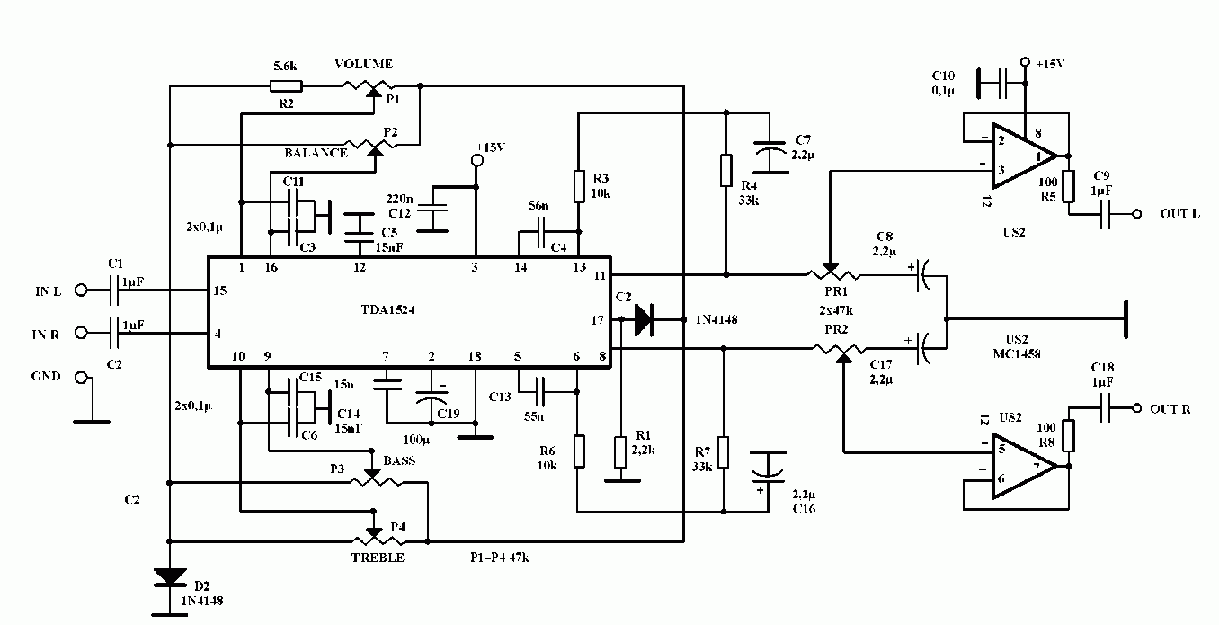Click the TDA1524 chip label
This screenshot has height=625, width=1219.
click(x=388, y=309)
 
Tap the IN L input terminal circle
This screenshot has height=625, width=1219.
click(x=81, y=290)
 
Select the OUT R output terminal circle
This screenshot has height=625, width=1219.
click(x=1137, y=407)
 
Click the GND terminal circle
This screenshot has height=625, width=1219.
click(x=81, y=378)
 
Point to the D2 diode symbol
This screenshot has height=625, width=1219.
click(x=170, y=577)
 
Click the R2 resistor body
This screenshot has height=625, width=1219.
click(x=286, y=86)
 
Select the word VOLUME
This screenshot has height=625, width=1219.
click(x=363, y=64)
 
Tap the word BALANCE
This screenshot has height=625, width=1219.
click(x=316, y=153)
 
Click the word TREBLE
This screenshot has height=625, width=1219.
click(x=378, y=558)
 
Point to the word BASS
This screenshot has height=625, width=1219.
click(x=399, y=460)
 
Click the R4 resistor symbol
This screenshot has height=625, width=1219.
click(x=726, y=170)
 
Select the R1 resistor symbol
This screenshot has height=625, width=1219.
click(x=620, y=452)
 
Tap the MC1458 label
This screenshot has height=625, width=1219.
click(x=1017, y=353)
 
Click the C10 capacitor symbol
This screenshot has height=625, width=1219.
click(x=1001, y=84)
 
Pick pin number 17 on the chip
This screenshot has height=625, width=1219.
click(x=598, y=320)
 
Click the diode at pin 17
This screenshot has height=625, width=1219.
click(x=644, y=319)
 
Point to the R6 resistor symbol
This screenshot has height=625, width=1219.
click(x=580, y=451)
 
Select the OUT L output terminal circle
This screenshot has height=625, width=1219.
click(x=1137, y=214)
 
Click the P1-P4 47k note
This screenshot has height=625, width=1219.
click(x=500, y=558)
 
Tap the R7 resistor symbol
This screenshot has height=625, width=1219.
click(x=724, y=452)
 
